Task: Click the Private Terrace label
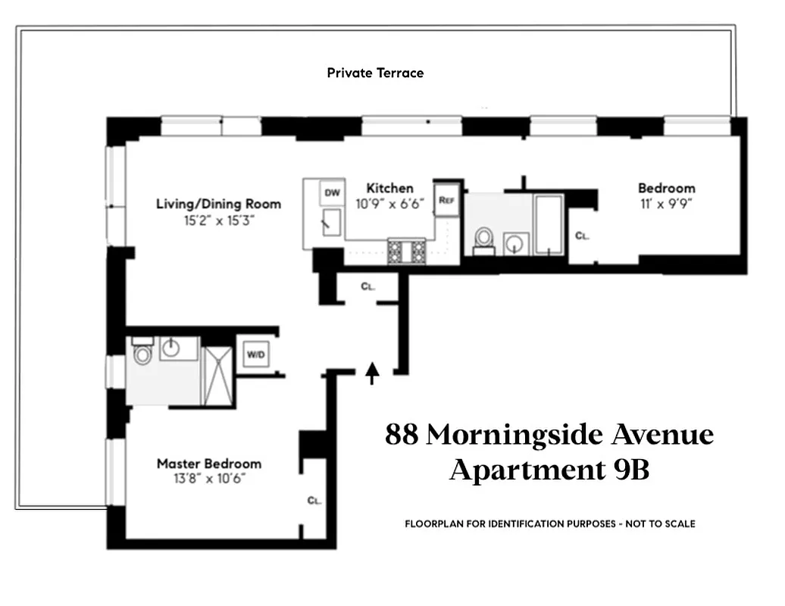tap(375, 73)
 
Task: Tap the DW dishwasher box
tap(333, 192)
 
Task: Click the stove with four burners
tap(407, 251)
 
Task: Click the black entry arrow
tap(372, 373)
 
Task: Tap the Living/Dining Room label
tap(218, 204)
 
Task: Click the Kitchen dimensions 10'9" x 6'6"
tap(389, 204)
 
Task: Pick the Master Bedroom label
tap(208, 464)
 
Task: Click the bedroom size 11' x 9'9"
tap(666, 203)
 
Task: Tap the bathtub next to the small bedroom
tap(549, 224)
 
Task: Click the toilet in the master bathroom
tap(142, 354)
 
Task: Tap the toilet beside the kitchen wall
tap(482, 239)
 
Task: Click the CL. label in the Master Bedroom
tap(314, 500)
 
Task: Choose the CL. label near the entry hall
tap(367, 287)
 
